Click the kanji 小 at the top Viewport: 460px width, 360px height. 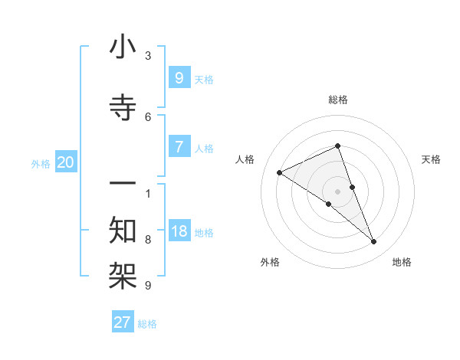pos(123,48)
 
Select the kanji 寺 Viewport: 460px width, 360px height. pos(123,109)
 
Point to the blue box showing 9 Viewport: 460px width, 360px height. pos(179,77)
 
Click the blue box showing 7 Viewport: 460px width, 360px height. pos(179,147)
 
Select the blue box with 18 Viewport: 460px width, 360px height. pos(179,231)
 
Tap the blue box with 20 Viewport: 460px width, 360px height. pos(66,162)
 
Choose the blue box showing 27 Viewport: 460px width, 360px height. pos(123,322)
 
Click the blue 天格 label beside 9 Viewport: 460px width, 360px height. pos(204,79)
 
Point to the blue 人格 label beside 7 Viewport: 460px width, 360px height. pos(204,149)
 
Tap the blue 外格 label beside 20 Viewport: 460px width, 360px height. pos(41,164)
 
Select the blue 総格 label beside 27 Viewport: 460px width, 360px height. pos(147,324)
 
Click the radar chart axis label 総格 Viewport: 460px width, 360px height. pos(338,100)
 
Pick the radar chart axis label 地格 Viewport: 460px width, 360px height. pos(402,262)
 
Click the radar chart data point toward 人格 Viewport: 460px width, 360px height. pos(279,172)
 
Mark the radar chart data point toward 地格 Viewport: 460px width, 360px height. pos(374,242)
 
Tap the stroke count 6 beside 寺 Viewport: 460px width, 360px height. pos(148,116)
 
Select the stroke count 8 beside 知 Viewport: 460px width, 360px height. pos(148,239)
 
